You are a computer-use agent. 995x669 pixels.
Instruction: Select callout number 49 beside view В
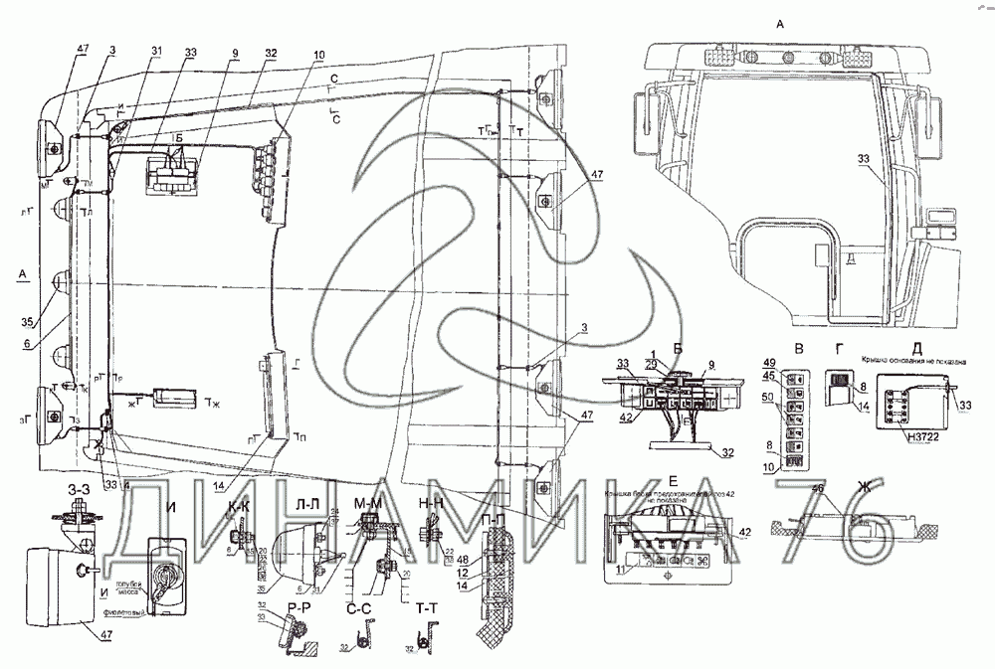coord(768,362)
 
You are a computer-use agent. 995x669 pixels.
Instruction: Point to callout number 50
coord(768,399)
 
